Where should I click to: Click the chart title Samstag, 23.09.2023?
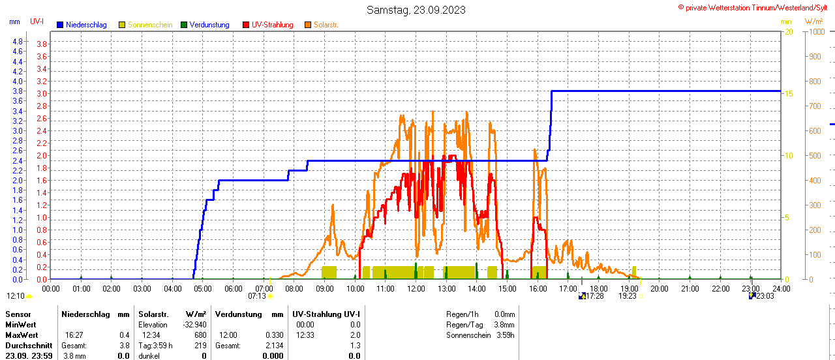[416, 10]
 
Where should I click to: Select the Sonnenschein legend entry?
[150, 25]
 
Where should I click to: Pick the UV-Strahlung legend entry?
[272, 25]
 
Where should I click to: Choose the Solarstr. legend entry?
[326, 25]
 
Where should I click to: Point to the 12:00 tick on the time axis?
[416, 288]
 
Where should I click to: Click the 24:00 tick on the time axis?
[781, 288]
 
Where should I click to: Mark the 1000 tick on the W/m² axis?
[815, 31]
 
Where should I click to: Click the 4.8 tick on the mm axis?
[18, 41]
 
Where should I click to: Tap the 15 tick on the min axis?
[789, 94]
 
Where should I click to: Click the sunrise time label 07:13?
[257, 296]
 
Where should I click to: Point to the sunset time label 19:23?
[627, 296]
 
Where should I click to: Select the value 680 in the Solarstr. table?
[200, 335]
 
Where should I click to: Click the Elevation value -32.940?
[194, 325]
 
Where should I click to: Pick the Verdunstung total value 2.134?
[274, 346]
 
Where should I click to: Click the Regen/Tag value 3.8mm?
[504, 325]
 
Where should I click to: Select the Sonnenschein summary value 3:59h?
[505, 335]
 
